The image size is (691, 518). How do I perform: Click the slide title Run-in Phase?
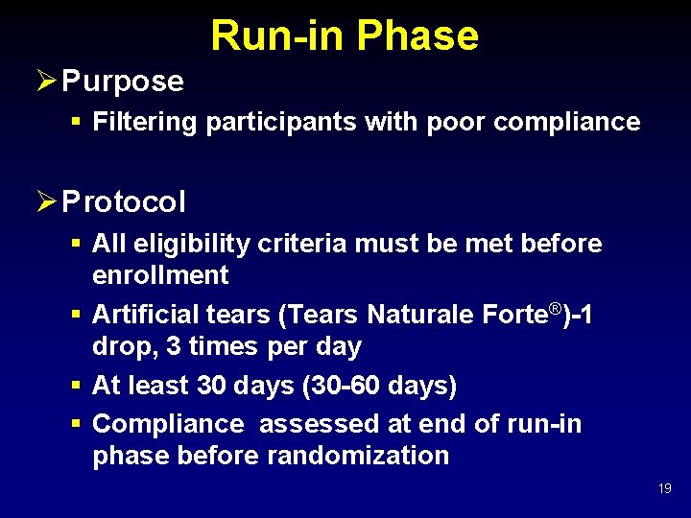click(x=345, y=35)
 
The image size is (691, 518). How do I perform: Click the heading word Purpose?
click(x=122, y=82)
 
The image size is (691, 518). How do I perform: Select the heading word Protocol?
click(x=124, y=202)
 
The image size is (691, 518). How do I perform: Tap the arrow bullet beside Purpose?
click(x=45, y=81)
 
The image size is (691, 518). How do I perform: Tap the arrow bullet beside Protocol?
click(x=45, y=201)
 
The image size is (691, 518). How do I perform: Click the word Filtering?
click(x=146, y=122)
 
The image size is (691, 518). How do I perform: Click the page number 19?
click(x=664, y=489)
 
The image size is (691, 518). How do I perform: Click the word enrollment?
click(x=160, y=275)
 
